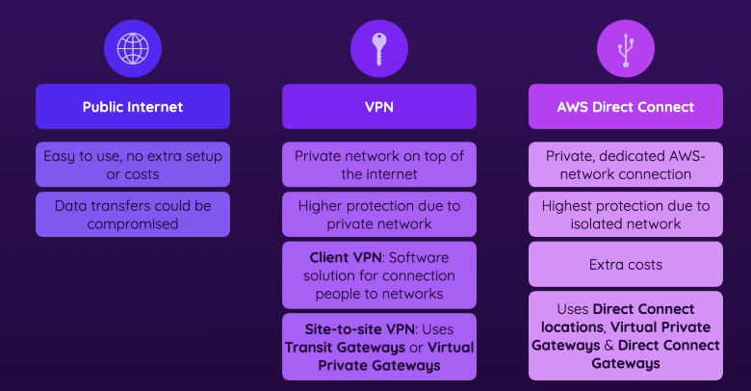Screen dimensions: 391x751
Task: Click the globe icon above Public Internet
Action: pos(133,48)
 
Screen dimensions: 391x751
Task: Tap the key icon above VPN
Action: pos(379,48)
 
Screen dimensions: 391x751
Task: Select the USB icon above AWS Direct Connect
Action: pos(626,48)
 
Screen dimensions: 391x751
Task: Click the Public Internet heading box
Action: pos(133,107)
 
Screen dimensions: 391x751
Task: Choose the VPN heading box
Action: pos(379,107)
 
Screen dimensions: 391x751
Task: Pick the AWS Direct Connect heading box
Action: pos(626,107)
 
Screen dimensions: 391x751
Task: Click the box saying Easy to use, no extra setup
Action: pos(133,165)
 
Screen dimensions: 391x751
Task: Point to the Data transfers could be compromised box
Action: pos(133,215)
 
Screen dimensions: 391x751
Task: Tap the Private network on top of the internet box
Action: pos(379,165)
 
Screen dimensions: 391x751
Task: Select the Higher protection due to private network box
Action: pos(379,215)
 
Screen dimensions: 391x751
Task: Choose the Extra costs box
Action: pos(626,265)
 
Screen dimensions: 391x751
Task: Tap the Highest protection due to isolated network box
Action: pos(626,215)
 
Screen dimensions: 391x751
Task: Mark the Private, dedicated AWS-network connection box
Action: pos(626,165)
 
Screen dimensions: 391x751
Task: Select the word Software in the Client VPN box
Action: pos(419,258)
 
